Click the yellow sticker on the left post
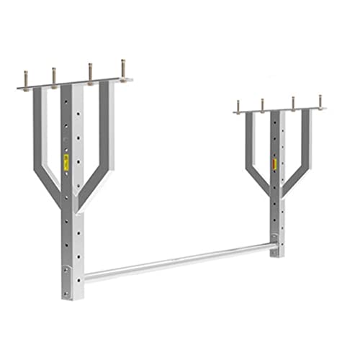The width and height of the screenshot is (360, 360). (66, 162)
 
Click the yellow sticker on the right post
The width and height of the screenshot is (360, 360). (274, 165)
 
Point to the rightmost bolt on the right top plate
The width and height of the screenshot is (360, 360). (320, 101)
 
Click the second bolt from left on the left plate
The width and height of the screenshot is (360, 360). (54, 76)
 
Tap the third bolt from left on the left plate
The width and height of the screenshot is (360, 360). (91, 73)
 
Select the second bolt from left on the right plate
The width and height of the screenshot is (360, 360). (262, 105)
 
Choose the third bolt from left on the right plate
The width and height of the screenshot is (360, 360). (293, 103)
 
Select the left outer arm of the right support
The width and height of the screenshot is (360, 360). (249, 151)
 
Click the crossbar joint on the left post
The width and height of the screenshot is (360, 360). (69, 272)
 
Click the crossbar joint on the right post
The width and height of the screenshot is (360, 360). (274, 246)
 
